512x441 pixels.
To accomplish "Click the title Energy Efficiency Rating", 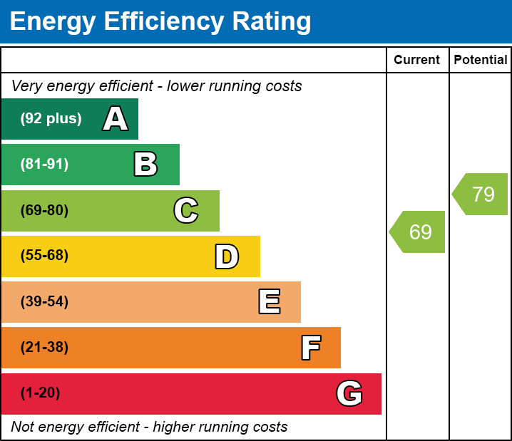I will coord(160,21).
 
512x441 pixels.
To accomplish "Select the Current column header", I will coord(417,61).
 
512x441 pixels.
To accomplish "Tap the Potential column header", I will coord(481,61).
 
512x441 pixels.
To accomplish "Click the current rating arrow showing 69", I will coord(419,232).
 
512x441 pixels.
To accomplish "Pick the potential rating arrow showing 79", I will coord(481,194).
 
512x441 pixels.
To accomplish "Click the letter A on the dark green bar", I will coord(116,119).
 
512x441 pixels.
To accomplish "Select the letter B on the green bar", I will coord(145,165).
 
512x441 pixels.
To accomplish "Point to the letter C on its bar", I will coord(186,210).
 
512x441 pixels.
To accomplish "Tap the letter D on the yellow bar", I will coord(227,256).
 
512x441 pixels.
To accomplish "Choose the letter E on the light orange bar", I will coord(269,302).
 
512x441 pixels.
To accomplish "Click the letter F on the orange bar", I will coord(310,348).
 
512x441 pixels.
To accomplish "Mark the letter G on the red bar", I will coord(349,393).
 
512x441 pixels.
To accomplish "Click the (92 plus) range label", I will coord(51,119).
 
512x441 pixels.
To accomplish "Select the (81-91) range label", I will coord(44,165).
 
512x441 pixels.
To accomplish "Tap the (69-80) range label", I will coord(44,210).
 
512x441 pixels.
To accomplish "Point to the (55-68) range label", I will coord(44,256).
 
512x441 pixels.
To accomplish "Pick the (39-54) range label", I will coord(44,302).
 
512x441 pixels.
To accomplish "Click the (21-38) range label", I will coord(44,348).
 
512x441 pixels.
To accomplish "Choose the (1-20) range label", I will coord(40,393).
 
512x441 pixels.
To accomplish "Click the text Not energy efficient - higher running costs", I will coord(149,427).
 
